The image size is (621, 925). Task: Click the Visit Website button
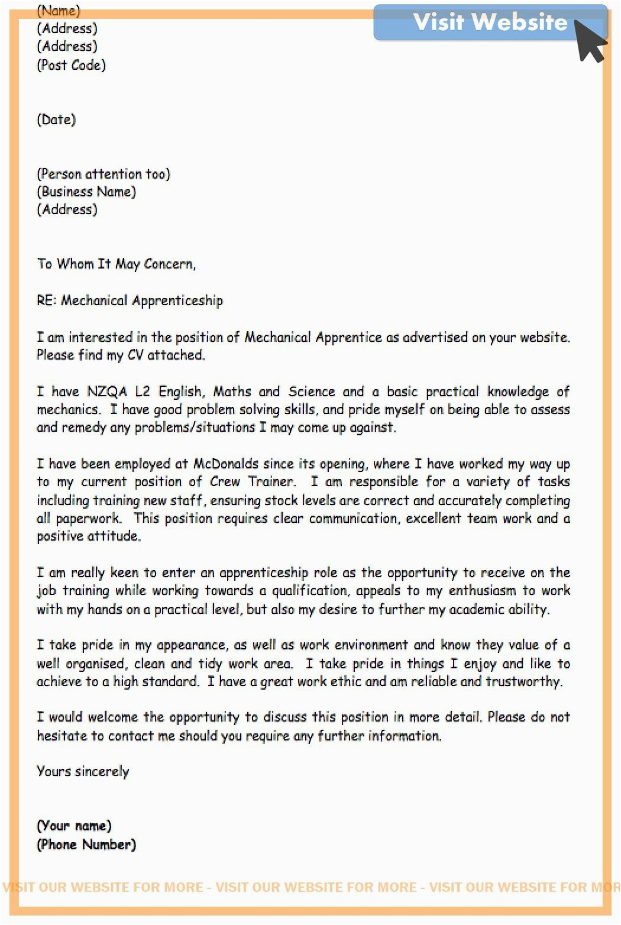(x=490, y=22)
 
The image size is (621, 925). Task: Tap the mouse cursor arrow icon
(x=590, y=41)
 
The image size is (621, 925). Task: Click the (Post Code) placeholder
(x=72, y=65)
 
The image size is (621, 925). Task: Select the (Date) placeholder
(x=57, y=119)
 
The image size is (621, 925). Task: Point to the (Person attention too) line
(x=103, y=174)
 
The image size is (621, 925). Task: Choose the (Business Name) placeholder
(x=86, y=192)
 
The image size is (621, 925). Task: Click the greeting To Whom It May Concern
(x=116, y=264)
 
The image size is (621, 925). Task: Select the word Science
(x=312, y=392)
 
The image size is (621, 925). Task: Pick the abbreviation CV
(x=135, y=355)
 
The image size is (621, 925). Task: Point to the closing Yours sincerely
(x=83, y=772)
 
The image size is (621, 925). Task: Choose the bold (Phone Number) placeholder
(x=86, y=845)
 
